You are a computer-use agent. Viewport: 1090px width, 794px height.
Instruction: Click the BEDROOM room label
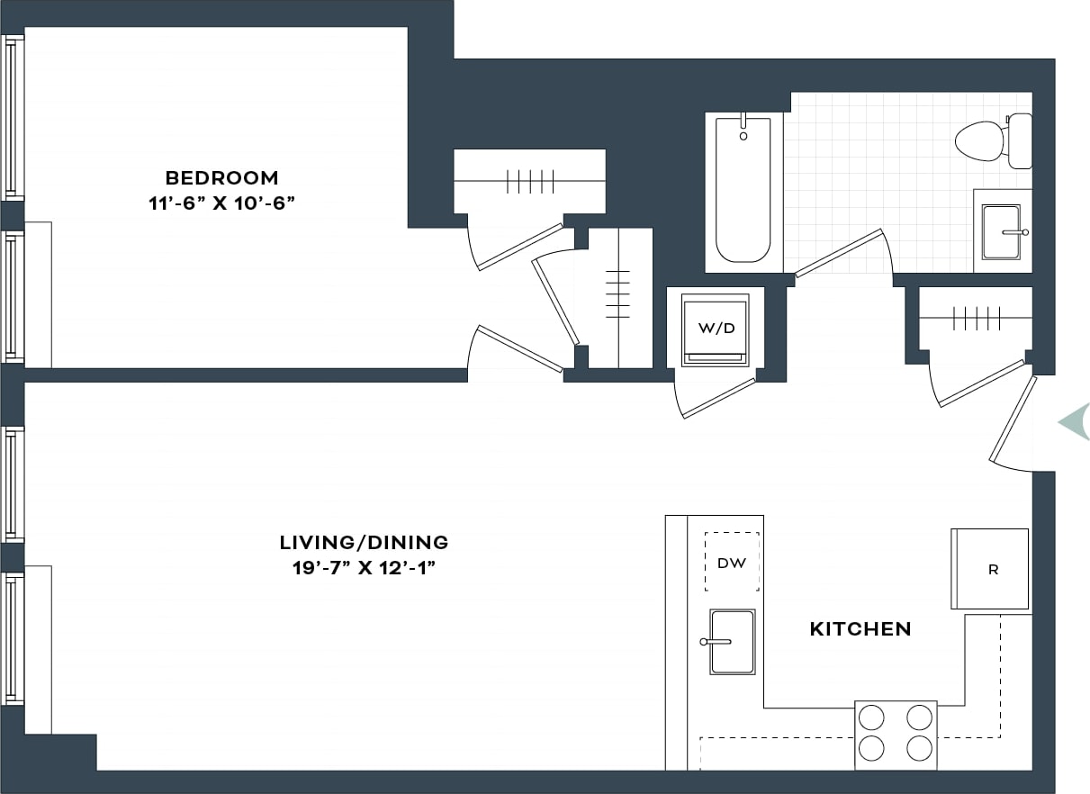(221, 177)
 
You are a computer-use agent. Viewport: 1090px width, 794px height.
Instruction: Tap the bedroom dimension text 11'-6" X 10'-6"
(221, 203)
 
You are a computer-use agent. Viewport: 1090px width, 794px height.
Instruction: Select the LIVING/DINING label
(364, 543)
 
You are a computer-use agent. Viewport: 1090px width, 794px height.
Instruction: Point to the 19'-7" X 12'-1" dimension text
(364, 569)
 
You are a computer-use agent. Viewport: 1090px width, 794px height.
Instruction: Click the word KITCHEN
(860, 629)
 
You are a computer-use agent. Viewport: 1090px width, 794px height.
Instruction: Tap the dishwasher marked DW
(731, 563)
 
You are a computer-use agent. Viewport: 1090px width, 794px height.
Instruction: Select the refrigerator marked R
(991, 569)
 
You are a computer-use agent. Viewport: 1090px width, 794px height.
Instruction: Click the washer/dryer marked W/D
(716, 329)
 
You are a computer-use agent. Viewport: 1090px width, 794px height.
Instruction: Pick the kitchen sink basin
(732, 642)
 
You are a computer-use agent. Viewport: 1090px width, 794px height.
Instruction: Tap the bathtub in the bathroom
(743, 194)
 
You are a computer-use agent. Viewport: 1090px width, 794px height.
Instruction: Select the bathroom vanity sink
(1001, 232)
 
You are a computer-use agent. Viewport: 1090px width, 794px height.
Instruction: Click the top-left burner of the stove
(871, 717)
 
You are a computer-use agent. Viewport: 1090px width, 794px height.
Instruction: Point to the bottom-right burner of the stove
(918, 748)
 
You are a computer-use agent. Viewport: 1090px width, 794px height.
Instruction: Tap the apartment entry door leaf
(1013, 420)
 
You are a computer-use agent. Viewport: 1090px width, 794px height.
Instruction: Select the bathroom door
(839, 253)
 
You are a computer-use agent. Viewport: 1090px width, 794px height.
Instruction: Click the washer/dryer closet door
(718, 398)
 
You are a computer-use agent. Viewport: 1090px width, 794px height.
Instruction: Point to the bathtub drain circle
(743, 136)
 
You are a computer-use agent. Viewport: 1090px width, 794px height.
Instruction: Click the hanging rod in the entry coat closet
(976, 318)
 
